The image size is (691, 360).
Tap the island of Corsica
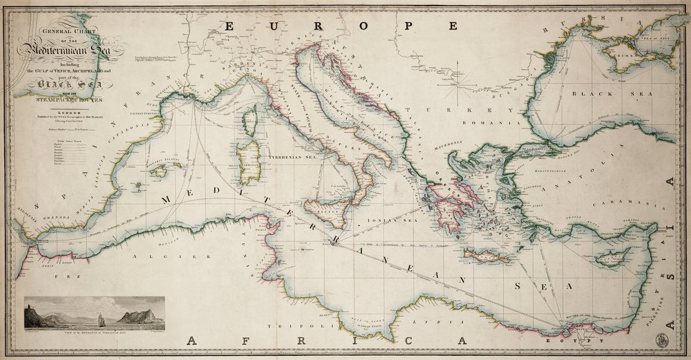coord(251,120)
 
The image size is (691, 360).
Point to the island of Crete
coord(487,256)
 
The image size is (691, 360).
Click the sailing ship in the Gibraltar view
coord(101,319)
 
